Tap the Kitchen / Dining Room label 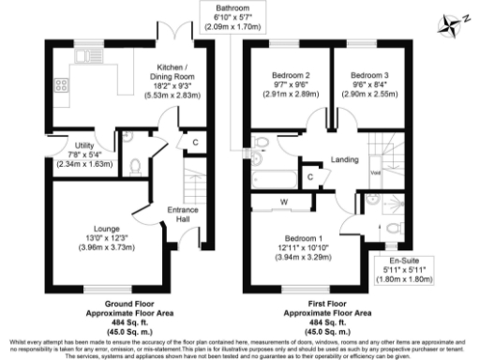pyautogui.click(x=172, y=82)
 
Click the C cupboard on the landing pyautogui.click(x=310, y=176)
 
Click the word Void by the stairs pyautogui.click(x=376, y=172)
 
